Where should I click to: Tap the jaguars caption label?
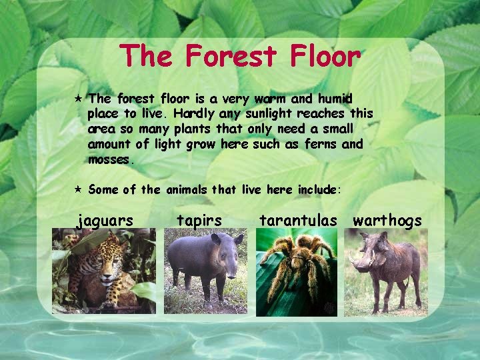click(x=105, y=220)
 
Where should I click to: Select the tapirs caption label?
click(x=199, y=220)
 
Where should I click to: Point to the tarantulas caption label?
click(x=298, y=220)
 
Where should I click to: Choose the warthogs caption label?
click(x=387, y=220)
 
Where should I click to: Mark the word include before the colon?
click(x=317, y=189)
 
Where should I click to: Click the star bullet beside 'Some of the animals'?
click(x=77, y=189)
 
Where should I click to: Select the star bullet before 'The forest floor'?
click(x=77, y=99)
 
